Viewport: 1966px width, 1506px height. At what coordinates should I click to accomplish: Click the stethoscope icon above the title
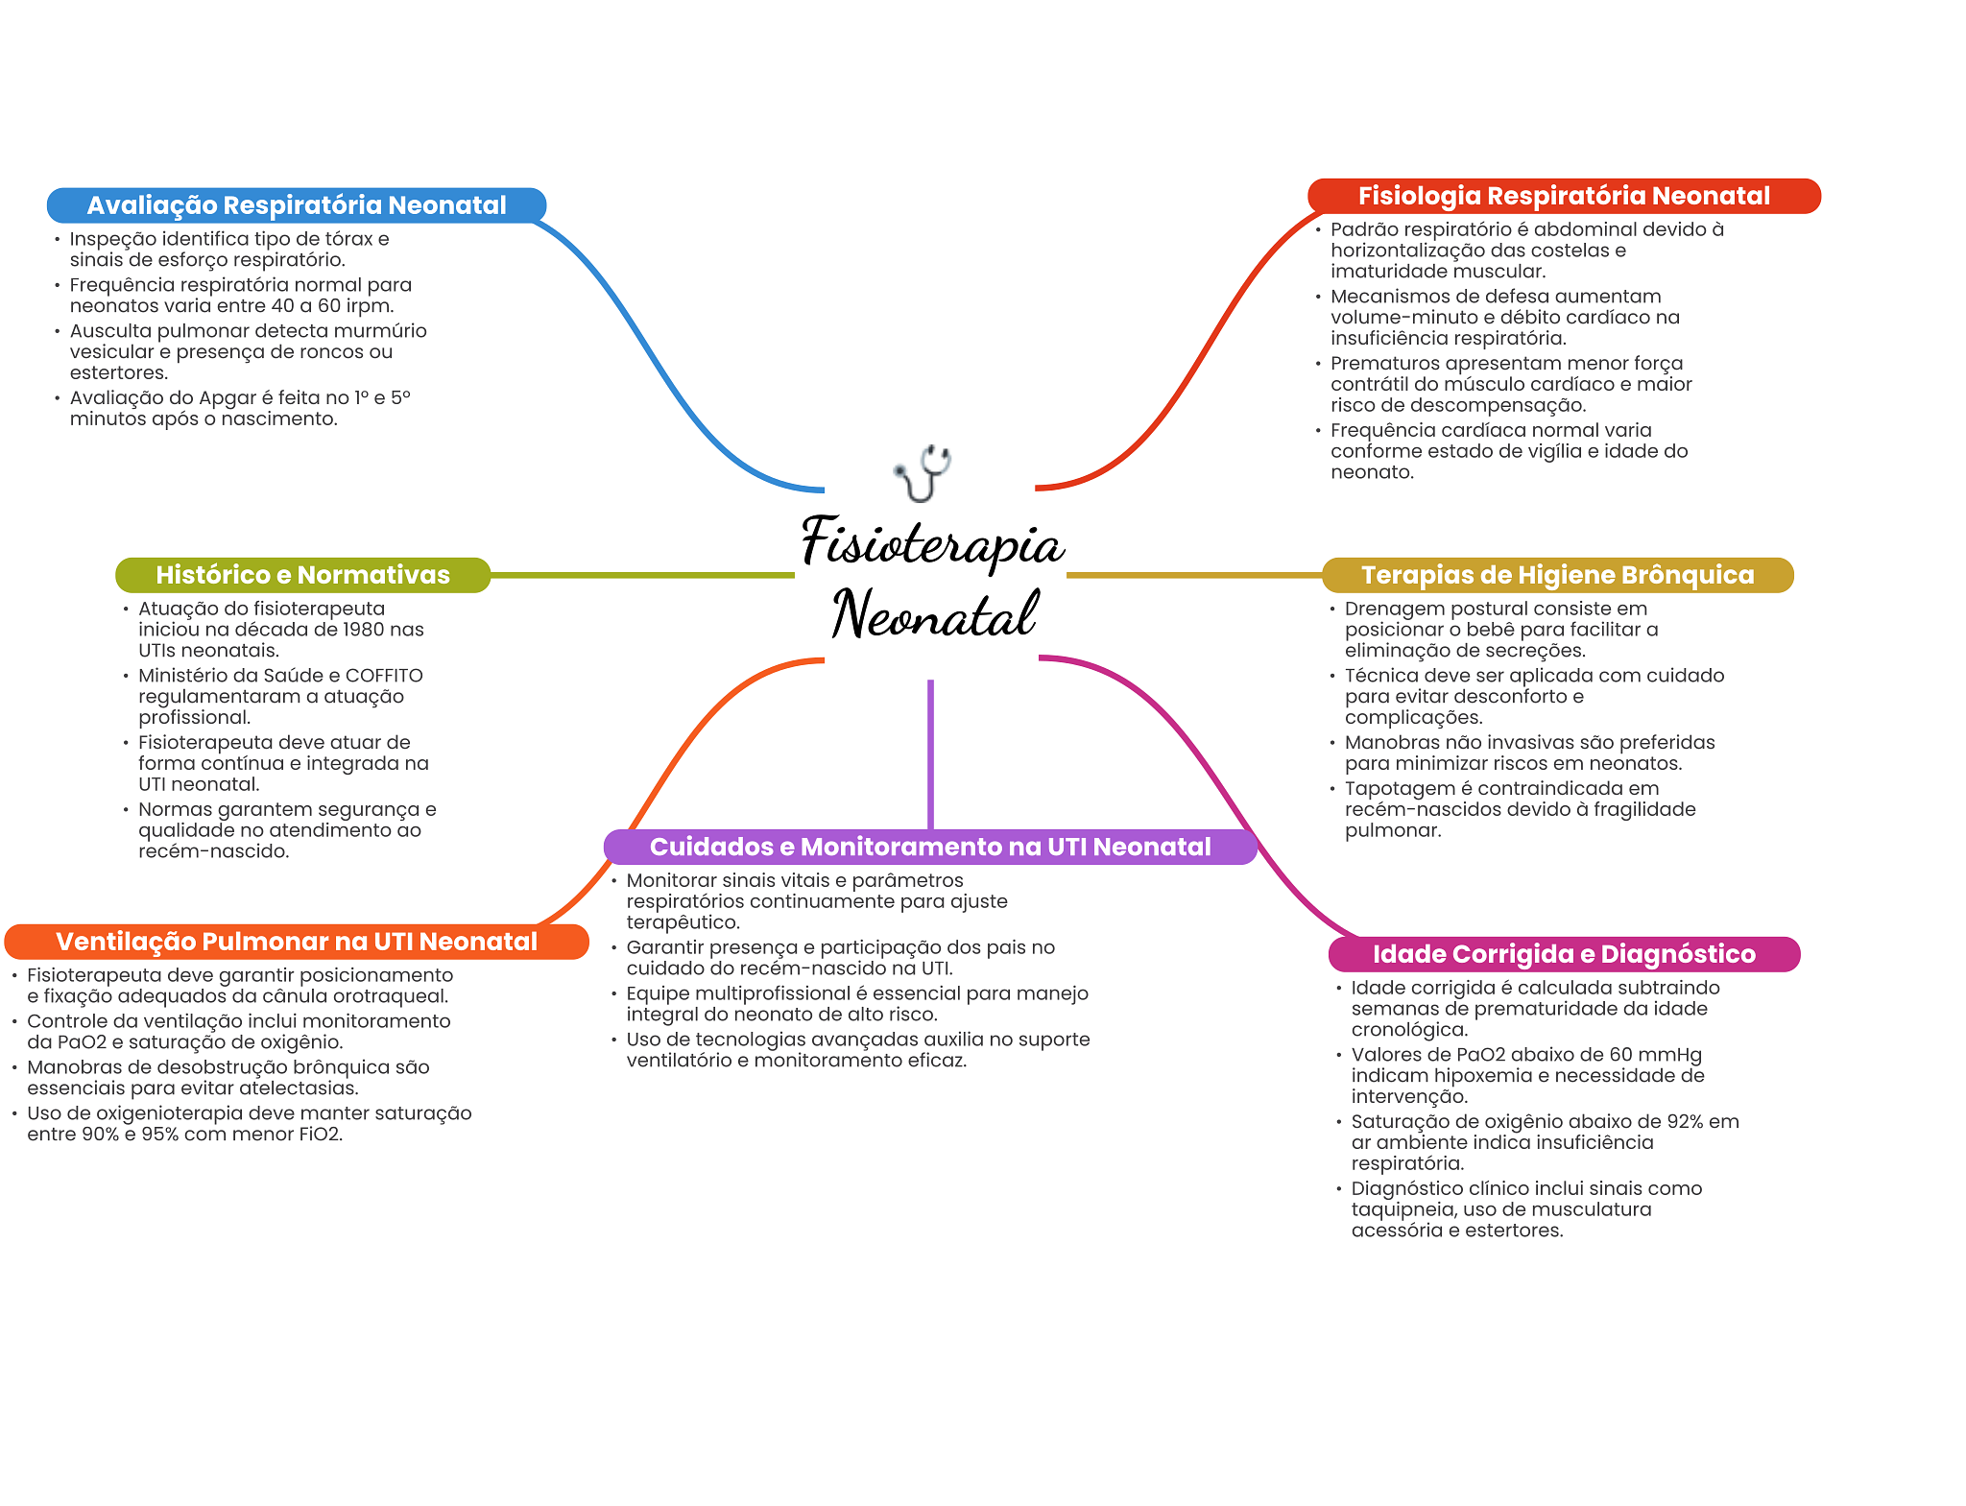[x=923, y=473]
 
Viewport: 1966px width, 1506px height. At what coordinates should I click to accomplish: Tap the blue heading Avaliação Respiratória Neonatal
[x=297, y=205]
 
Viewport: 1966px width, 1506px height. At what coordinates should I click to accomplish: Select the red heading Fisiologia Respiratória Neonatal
[x=1564, y=196]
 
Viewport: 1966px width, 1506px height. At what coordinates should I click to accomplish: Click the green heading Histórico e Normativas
[x=302, y=575]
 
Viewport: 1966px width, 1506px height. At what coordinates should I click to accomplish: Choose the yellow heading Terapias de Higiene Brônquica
[x=1557, y=575]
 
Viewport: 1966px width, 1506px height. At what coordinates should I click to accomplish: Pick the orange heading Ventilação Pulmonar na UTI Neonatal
[x=297, y=942]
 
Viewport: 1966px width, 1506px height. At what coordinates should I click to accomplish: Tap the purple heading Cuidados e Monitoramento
[x=930, y=847]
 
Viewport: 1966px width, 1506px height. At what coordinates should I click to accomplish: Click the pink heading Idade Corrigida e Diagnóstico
[x=1564, y=954]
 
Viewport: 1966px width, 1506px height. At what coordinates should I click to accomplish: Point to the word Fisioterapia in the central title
[x=932, y=542]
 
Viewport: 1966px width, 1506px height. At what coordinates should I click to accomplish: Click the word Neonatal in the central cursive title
[x=935, y=613]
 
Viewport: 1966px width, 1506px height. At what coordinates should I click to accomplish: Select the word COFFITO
[x=384, y=676]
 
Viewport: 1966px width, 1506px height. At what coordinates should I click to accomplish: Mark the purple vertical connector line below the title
[x=930, y=754]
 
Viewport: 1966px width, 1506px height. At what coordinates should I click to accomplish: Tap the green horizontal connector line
[x=642, y=575]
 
